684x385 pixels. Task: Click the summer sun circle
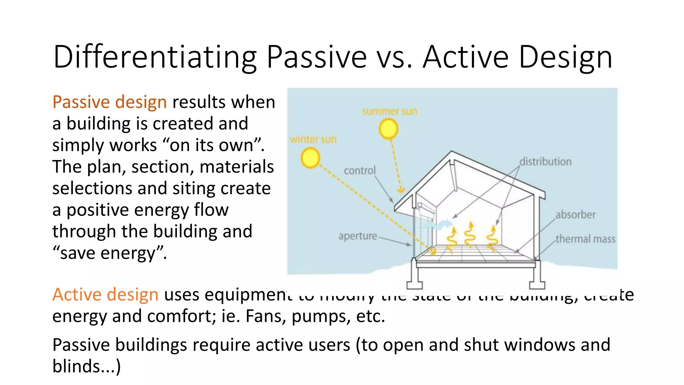pyautogui.click(x=388, y=129)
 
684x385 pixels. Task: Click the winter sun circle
pyautogui.click(x=310, y=158)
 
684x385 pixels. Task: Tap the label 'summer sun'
pyautogui.click(x=390, y=111)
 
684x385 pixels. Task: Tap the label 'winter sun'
pyautogui.click(x=313, y=139)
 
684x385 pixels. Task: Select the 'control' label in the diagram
pyautogui.click(x=360, y=171)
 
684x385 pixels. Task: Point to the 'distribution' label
pyautogui.click(x=545, y=162)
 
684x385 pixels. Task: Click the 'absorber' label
pyautogui.click(x=575, y=215)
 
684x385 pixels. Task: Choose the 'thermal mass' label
pyautogui.click(x=585, y=239)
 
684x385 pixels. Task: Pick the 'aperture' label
pyautogui.click(x=358, y=236)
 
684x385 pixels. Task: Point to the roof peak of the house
pyautogui.click(x=452, y=153)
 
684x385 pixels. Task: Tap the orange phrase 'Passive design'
pyautogui.click(x=110, y=102)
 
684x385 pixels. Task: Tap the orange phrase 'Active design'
pyautogui.click(x=105, y=295)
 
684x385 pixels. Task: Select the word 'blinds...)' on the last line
pyautogui.click(x=87, y=366)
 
